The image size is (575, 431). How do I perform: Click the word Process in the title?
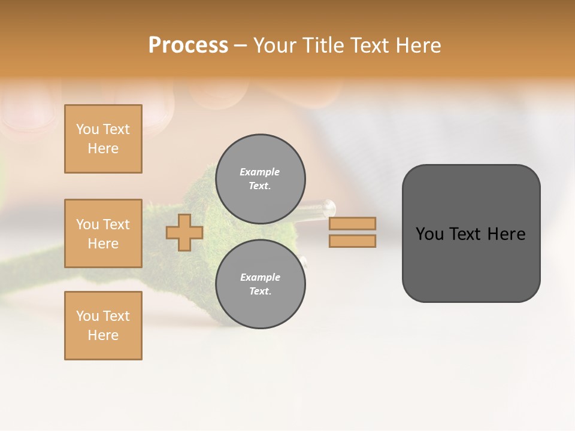click(x=188, y=45)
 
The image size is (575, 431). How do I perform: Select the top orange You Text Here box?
click(x=103, y=139)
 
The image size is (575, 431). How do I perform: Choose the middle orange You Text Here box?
click(x=103, y=233)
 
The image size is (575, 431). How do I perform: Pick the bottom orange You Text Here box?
click(x=103, y=326)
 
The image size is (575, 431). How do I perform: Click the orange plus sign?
click(x=184, y=232)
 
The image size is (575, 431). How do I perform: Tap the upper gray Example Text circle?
click(x=260, y=179)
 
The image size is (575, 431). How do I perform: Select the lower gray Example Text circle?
click(x=260, y=284)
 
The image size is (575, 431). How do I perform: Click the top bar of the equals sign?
click(x=352, y=223)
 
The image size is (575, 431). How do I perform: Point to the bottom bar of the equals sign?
click(x=352, y=241)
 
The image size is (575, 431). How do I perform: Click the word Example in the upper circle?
click(x=260, y=172)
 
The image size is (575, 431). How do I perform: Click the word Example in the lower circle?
click(x=260, y=277)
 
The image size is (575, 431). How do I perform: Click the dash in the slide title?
click(x=240, y=45)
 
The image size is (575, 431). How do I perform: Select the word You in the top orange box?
click(x=87, y=129)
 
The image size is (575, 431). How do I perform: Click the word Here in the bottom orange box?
click(x=103, y=335)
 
